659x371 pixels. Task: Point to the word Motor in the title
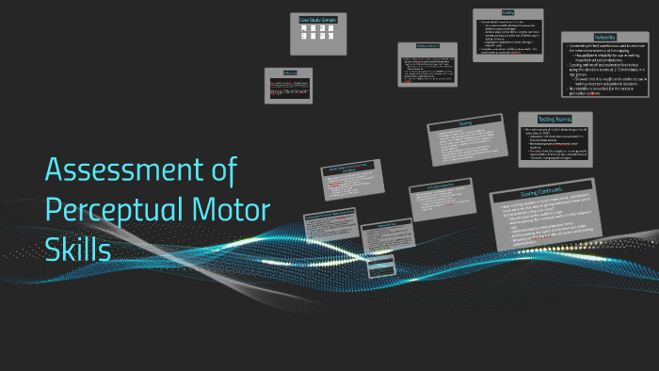point(231,210)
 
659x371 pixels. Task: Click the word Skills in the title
point(78,250)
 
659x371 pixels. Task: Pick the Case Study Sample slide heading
point(319,19)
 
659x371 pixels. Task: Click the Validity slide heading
point(507,13)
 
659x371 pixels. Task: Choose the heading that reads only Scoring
point(465,123)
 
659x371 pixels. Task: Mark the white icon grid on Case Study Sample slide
point(319,33)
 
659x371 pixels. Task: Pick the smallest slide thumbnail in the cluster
point(379,268)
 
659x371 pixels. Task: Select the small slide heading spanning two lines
point(349,171)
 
